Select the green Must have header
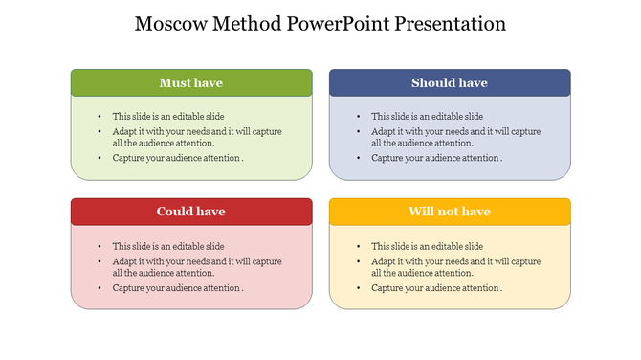pos(191,83)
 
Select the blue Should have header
pos(450,83)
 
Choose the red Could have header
pos(191,212)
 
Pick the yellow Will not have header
pos(450,212)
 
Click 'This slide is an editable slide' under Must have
pos(168,116)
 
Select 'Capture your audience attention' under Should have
pos(436,159)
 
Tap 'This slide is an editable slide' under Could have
pos(168,246)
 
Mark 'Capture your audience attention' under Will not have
pos(436,288)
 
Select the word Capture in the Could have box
pos(128,288)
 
